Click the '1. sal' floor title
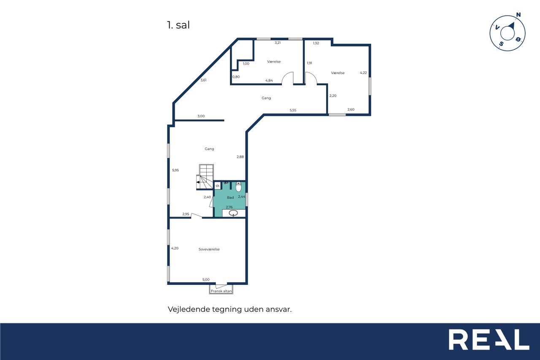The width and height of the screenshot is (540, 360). pos(178,25)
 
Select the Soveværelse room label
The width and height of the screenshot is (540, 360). pos(209,249)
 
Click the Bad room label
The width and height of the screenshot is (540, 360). pos(230,198)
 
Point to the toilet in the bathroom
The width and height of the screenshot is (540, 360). pos(238,187)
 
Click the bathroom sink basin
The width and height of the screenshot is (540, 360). pos(233,213)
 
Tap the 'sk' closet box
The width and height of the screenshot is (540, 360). pos(217,186)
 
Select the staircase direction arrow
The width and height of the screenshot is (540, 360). pos(198,182)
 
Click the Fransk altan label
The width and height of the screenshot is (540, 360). pos(221,291)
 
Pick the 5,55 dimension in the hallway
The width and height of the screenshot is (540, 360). pos(293,110)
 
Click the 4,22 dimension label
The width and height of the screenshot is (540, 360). pos(363,73)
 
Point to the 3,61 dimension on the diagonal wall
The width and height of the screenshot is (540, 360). pos(203,80)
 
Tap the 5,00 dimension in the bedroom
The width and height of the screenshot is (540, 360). pos(206,280)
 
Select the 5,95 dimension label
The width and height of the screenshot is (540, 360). pos(175,170)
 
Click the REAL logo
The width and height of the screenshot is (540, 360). pos(489,339)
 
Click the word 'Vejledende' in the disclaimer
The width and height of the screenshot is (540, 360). pos(189,309)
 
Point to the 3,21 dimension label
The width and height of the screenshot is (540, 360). pos(278,43)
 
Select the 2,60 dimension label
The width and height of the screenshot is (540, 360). pos(351,109)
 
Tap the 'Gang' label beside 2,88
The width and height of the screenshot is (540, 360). pos(209,149)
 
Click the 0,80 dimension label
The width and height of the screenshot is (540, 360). pos(236,77)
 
